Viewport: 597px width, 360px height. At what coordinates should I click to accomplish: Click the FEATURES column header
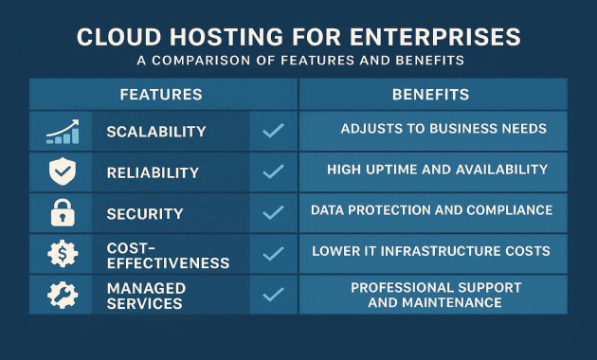[160, 95]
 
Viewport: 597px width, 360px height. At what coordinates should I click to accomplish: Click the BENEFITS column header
[432, 95]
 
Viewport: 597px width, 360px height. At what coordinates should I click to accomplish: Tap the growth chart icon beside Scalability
[62, 131]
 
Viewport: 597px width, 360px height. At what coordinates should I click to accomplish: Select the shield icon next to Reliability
[60, 171]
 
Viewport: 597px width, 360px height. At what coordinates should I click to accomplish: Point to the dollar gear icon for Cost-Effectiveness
[61, 253]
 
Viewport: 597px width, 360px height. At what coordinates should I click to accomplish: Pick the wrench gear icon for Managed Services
[61, 294]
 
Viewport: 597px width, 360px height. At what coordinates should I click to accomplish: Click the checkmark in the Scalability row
[273, 131]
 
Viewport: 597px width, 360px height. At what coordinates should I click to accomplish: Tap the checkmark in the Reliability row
[273, 171]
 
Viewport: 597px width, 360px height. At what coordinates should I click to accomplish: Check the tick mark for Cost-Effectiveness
[273, 253]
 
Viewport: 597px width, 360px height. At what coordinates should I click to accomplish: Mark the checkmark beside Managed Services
[273, 294]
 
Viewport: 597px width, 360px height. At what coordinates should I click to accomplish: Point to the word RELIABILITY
[153, 173]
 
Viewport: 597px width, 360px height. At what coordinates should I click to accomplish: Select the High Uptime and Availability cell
[437, 170]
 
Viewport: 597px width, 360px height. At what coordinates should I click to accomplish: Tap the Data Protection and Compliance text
[431, 210]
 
